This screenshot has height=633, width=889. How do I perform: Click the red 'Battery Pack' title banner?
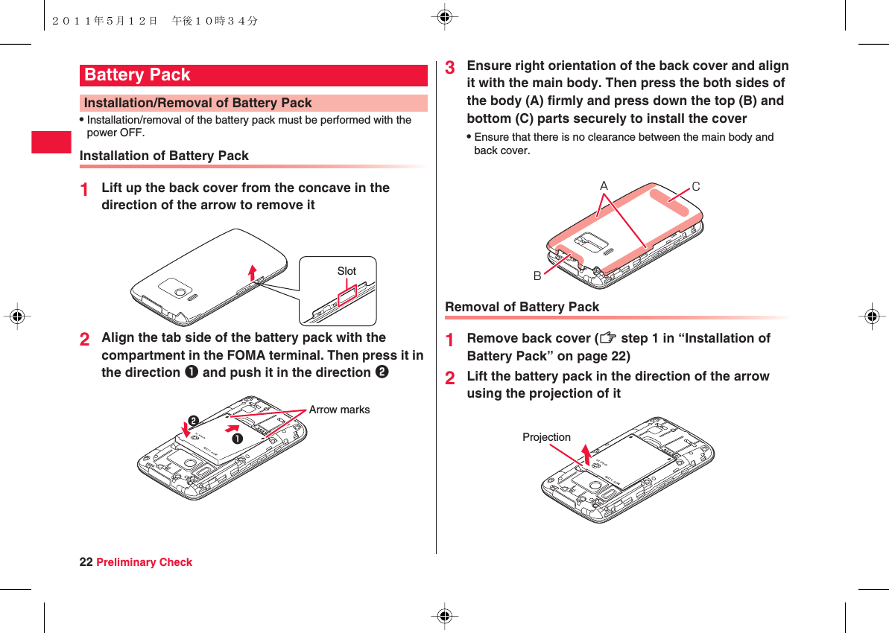[x=253, y=75]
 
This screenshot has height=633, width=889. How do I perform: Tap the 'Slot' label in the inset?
[x=347, y=271]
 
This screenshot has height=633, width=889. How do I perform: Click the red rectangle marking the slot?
[x=347, y=296]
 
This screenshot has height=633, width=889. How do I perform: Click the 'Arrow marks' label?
[x=339, y=410]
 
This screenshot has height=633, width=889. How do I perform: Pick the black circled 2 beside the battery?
[x=193, y=422]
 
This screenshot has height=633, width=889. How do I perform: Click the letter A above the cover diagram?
[x=604, y=185]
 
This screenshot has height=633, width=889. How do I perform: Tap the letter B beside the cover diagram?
[x=537, y=276]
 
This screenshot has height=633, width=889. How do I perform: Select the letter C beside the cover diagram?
[x=696, y=187]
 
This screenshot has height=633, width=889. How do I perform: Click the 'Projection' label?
[x=546, y=437]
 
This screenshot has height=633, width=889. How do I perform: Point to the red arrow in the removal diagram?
[x=586, y=453]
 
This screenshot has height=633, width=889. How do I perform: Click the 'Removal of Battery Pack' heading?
[x=522, y=307]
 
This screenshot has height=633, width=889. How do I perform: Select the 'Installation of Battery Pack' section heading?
[x=164, y=156]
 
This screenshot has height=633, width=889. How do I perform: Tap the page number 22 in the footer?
[x=86, y=562]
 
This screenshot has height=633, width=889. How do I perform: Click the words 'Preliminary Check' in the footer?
[x=144, y=562]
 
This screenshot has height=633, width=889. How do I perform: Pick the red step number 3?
[x=450, y=67]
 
